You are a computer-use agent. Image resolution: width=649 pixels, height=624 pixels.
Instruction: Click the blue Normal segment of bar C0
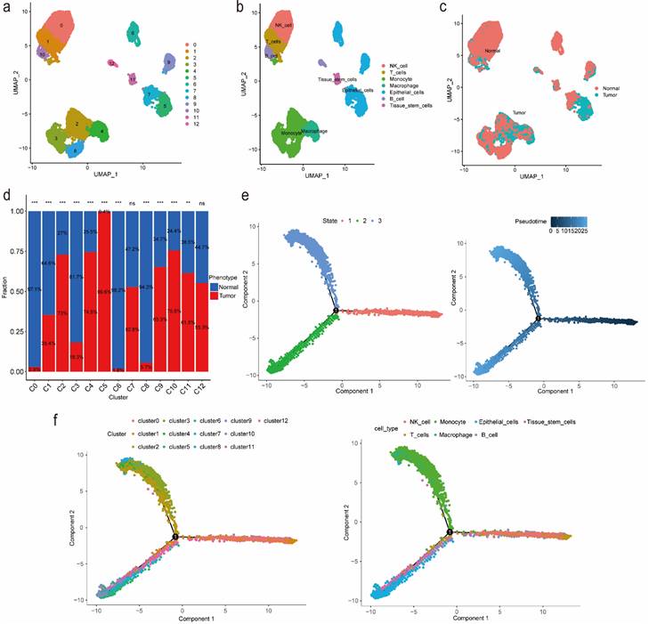pos(34,285)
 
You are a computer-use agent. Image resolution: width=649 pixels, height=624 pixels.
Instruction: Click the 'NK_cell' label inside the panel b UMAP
pos(284,26)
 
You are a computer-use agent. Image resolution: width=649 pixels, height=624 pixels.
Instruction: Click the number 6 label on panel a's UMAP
pos(133,34)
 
